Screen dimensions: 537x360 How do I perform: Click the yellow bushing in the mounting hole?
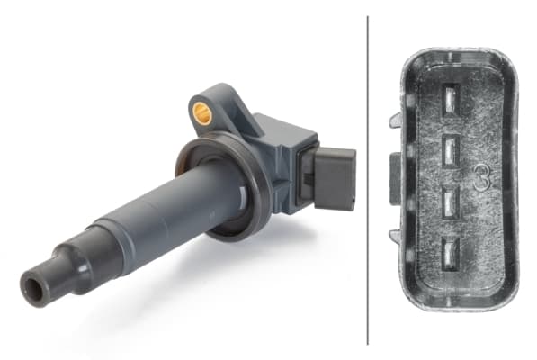click(x=201, y=112)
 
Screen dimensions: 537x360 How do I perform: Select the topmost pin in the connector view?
click(x=452, y=99)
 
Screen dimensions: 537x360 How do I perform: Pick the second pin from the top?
click(x=451, y=151)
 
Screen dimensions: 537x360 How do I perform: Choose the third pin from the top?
click(x=450, y=202)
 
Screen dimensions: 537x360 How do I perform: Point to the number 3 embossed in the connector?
click(x=482, y=176)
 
